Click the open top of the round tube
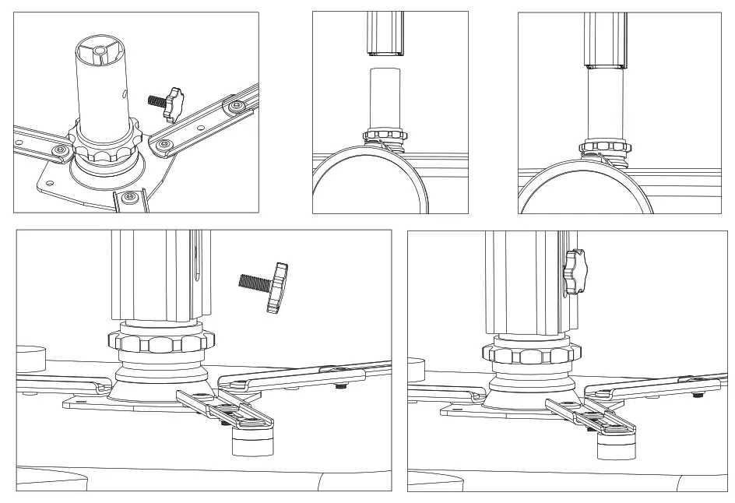coord(100,51)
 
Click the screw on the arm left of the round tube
coord(58,148)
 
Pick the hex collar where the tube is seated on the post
coord(605,145)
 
